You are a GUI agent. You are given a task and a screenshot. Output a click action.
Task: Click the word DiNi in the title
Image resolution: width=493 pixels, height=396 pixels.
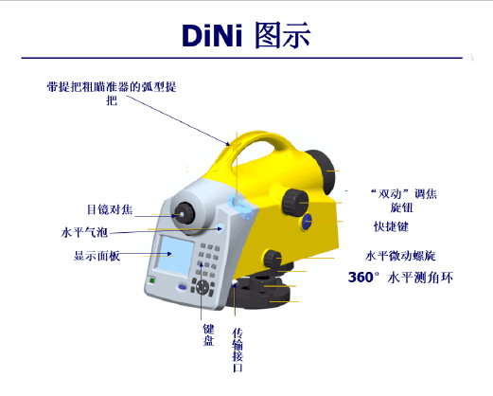pyautogui.click(x=212, y=35)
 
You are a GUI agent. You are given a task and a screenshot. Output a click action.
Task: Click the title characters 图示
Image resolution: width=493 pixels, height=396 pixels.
pyautogui.click(x=282, y=35)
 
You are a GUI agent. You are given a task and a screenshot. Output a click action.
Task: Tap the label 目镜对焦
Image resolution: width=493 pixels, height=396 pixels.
pyautogui.click(x=110, y=209)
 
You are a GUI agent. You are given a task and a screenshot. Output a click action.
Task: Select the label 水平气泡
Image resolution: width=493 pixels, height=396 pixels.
pyautogui.click(x=84, y=232)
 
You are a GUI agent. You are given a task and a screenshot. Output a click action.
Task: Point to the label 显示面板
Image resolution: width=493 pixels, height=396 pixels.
pyautogui.click(x=97, y=256)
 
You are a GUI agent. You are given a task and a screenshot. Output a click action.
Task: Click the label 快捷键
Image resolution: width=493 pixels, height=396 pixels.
pyautogui.click(x=391, y=226)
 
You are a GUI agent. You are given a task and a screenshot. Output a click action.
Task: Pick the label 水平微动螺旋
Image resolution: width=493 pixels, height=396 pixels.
pyautogui.click(x=400, y=256)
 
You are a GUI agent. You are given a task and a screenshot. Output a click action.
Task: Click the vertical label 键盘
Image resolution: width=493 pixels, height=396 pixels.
pyautogui.click(x=208, y=334)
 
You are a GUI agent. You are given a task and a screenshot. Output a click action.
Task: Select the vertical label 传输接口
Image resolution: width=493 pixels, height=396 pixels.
pyautogui.click(x=238, y=350)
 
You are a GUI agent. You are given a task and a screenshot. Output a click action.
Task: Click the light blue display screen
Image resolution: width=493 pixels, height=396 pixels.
pyautogui.click(x=174, y=255)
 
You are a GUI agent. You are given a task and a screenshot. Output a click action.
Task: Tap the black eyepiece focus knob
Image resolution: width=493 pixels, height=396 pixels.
pyautogui.click(x=184, y=214)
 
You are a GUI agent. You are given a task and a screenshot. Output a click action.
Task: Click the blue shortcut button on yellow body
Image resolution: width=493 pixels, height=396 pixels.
pyautogui.click(x=307, y=222)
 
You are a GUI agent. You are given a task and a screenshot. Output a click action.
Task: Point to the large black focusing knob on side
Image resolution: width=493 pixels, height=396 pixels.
pyautogui.click(x=294, y=202)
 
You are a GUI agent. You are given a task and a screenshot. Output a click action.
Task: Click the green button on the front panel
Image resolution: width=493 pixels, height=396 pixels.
pyautogui.click(x=152, y=280)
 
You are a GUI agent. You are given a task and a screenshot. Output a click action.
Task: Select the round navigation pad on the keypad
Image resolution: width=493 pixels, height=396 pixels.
pyautogui.click(x=202, y=287)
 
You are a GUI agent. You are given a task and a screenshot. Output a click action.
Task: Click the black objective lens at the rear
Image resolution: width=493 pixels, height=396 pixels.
pyautogui.click(x=320, y=171)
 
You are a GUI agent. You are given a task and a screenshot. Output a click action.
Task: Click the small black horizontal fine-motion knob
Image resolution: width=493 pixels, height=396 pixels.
pyautogui.click(x=273, y=259)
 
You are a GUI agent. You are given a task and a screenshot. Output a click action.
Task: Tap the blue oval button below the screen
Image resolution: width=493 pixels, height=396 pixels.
pyautogui.click(x=183, y=287)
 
